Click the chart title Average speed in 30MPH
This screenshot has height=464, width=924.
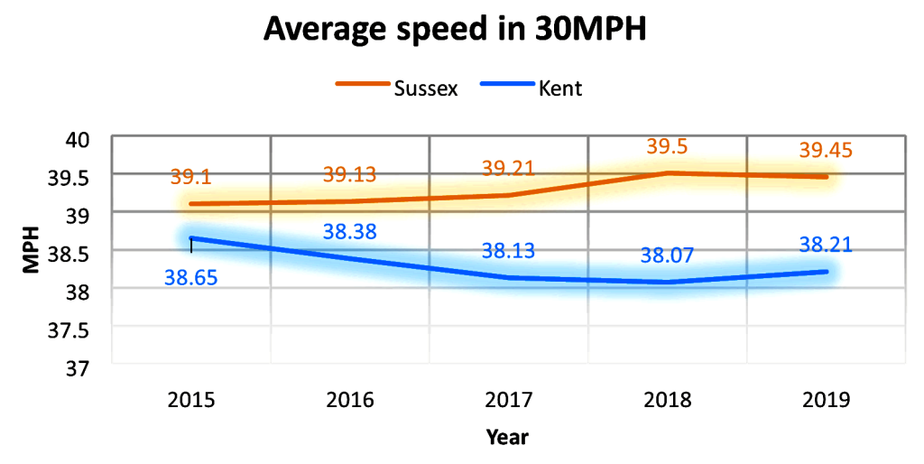[456, 31]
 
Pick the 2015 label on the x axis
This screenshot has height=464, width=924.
[191, 399]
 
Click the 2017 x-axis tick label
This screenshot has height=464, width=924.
[509, 399]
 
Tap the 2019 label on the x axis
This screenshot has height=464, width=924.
[827, 399]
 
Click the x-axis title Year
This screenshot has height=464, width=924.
[507, 438]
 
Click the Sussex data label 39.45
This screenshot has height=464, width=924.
[827, 151]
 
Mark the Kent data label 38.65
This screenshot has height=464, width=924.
[191, 278]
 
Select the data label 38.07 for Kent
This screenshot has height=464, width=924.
[667, 256]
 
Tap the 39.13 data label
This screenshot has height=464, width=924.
[349, 175]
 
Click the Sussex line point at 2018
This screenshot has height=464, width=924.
[668, 172]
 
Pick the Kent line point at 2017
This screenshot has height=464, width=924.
[509, 277]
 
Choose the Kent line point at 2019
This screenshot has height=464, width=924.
[827, 271]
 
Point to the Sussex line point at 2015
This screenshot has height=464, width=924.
[191, 204]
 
